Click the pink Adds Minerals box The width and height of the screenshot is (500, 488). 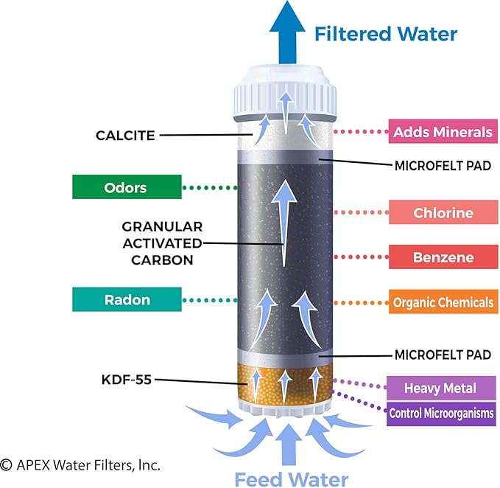point(441,133)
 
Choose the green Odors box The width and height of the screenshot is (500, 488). point(127,187)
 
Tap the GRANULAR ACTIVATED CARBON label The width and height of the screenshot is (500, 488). point(162,243)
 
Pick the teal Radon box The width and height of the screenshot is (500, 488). point(127,299)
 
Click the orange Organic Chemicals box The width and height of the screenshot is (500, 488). point(442,302)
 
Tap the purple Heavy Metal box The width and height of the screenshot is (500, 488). point(440,388)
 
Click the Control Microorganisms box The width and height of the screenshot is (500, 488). point(441,413)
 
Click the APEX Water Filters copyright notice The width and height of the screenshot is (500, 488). point(80,465)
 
